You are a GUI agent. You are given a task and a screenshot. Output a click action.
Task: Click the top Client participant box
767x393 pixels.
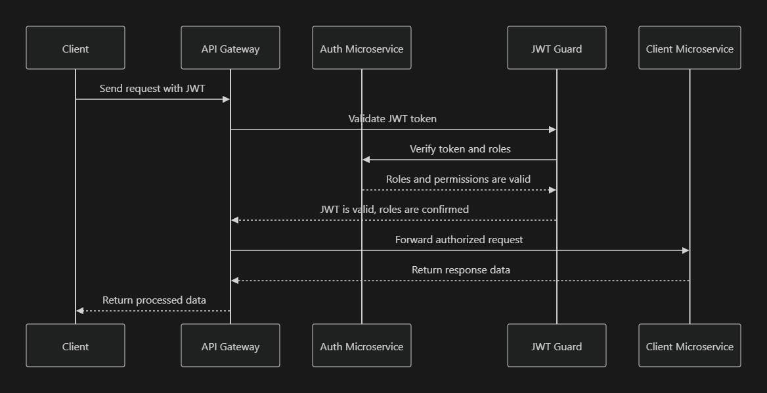76,48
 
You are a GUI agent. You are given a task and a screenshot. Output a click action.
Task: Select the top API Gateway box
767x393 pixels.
230,48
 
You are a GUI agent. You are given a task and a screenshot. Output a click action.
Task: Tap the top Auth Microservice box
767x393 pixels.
361,48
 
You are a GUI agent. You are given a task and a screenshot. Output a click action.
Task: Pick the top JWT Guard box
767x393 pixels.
556,48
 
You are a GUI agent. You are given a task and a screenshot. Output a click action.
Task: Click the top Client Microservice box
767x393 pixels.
690,48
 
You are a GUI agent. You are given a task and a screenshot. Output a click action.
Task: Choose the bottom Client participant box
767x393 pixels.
76,346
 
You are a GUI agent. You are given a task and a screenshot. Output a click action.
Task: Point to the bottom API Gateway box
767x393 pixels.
230,346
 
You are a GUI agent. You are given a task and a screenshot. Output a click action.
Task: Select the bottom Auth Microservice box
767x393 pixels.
361,346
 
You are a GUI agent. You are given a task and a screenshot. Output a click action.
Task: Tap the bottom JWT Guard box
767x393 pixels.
556,346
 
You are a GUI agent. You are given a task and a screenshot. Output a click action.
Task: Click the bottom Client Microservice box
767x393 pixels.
690,346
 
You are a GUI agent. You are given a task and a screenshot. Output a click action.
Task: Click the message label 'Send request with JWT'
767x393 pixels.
152,88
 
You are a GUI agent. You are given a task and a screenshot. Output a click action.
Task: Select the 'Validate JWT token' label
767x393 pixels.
393,119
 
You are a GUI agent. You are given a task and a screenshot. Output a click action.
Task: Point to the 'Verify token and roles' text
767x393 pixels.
460,149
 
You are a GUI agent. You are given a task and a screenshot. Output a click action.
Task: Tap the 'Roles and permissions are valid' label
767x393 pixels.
458,179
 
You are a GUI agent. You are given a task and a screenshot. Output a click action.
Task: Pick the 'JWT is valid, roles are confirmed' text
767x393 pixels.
394,210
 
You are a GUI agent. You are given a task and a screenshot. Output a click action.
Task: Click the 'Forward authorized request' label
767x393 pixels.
459,240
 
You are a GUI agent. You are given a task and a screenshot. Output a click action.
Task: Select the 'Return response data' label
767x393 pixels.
460,270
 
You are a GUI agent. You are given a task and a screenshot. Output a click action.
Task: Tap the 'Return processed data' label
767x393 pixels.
154,300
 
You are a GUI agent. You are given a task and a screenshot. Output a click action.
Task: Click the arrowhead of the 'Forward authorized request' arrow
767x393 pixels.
686,250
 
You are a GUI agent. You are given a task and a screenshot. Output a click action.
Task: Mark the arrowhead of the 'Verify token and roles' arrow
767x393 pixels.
366,160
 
